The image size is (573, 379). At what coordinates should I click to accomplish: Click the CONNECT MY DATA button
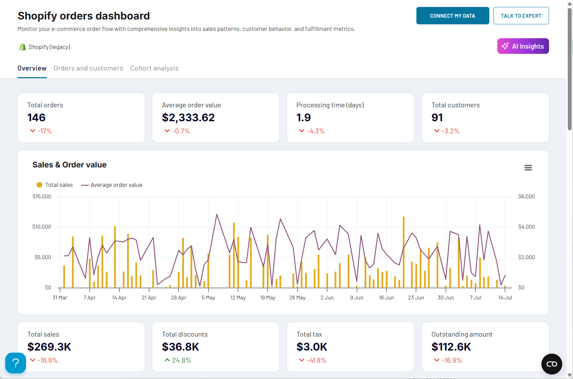click(452, 16)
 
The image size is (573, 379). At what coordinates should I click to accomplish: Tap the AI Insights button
click(523, 46)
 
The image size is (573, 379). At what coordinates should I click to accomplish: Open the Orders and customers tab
click(88, 68)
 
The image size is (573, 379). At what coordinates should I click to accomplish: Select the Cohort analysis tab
click(154, 68)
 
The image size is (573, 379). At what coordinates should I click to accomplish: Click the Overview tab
click(32, 68)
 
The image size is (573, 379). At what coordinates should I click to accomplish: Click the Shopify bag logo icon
click(23, 47)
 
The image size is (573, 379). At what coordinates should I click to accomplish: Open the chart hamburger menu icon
click(528, 168)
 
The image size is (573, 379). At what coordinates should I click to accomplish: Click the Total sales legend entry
click(55, 185)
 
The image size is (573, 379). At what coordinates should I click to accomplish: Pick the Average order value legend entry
click(112, 185)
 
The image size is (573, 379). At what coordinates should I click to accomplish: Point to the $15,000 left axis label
click(42, 197)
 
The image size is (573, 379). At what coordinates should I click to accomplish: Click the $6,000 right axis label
click(526, 197)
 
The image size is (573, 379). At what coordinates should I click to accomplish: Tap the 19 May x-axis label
click(267, 298)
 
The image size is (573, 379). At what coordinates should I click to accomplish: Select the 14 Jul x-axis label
click(505, 298)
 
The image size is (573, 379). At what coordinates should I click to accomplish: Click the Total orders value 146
click(36, 118)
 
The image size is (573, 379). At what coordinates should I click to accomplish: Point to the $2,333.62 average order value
click(188, 118)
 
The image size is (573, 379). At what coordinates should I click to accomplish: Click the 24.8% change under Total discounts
click(181, 360)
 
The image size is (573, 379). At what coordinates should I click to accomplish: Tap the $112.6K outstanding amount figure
click(451, 347)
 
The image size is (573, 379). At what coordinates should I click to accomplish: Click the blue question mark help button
click(16, 363)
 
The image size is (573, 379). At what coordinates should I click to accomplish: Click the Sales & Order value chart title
click(69, 165)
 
